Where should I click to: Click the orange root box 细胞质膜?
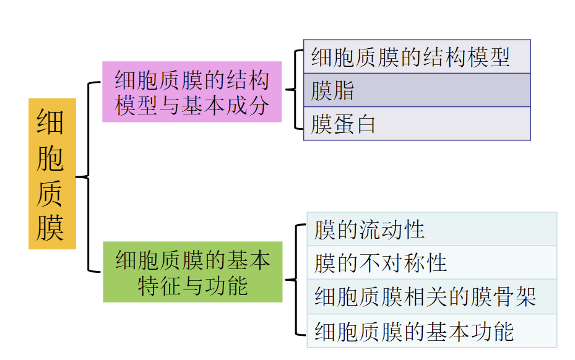tap(52, 174)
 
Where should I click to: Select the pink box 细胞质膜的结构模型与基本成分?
tap(192, 92)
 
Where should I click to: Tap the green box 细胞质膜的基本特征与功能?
tap(192, 272)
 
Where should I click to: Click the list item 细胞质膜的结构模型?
tap(417, 57)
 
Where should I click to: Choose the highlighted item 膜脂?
tap(417, 90)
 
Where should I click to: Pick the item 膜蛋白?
tap(417, 124)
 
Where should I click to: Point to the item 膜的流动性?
tap(432, 229)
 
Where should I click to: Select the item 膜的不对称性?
tap(432, 263)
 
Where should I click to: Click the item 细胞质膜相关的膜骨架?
tap(432, 297)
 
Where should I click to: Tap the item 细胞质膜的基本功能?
tap(432, 331)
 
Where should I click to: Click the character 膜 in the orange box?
tap(51, 228)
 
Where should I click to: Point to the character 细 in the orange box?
tap(51, 121)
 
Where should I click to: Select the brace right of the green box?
tap(296, 280)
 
